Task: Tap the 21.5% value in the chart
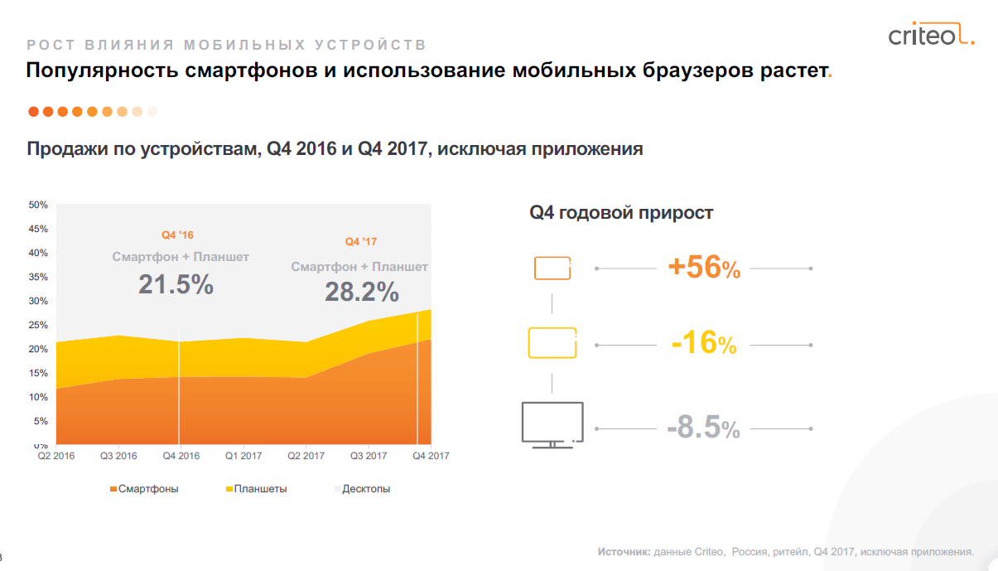176,285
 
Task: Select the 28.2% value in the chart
361,292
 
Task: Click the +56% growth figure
703,268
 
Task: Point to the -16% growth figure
703,344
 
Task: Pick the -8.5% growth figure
703,428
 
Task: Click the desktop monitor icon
552,424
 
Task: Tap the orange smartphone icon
552,269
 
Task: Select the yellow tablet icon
552,343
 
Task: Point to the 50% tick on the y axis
38,205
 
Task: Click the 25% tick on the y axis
38,325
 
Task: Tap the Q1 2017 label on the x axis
243,455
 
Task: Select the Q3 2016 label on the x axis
118,455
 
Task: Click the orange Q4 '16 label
177,235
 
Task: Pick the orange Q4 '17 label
361,242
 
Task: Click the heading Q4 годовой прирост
621,213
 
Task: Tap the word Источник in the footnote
624,551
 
